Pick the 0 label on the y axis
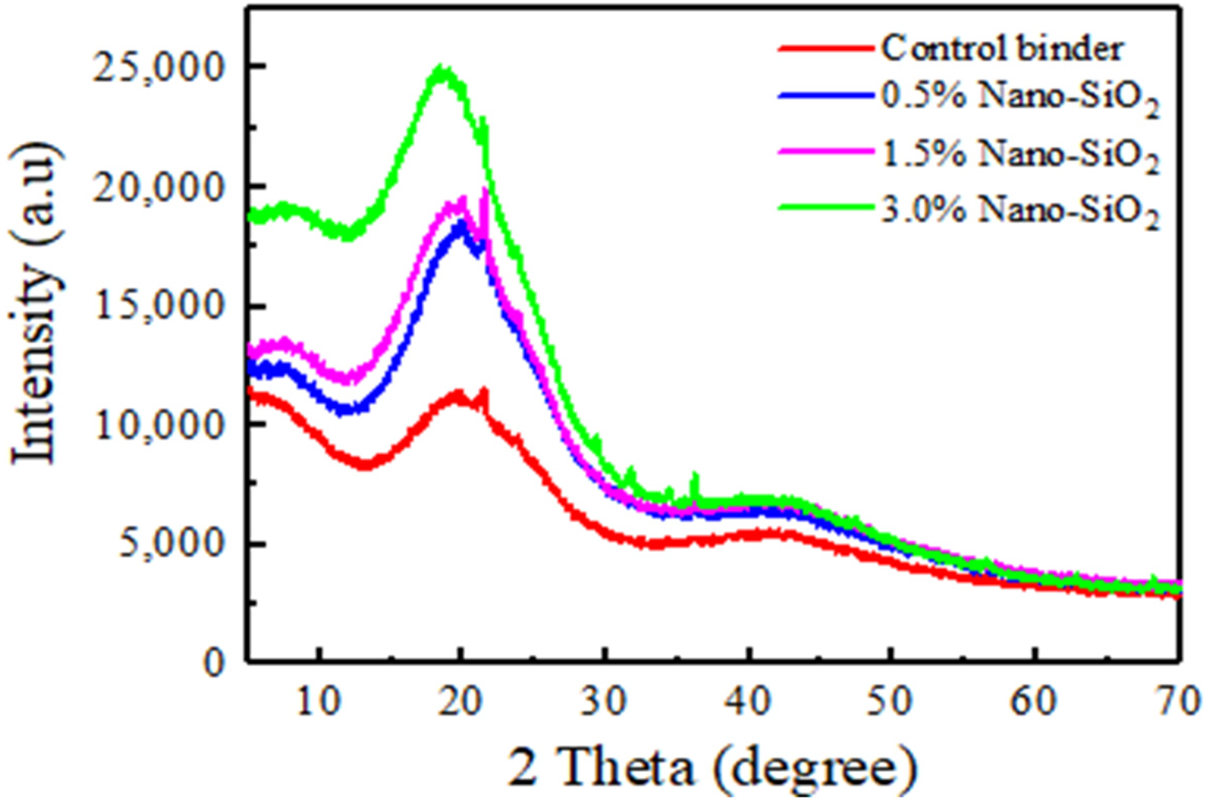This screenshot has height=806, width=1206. [x=215, y=664]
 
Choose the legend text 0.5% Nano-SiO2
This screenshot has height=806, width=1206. [x=1020, y=100]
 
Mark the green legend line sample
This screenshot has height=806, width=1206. [x=825, y=207]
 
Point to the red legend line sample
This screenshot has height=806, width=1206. [x=825, y=48]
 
